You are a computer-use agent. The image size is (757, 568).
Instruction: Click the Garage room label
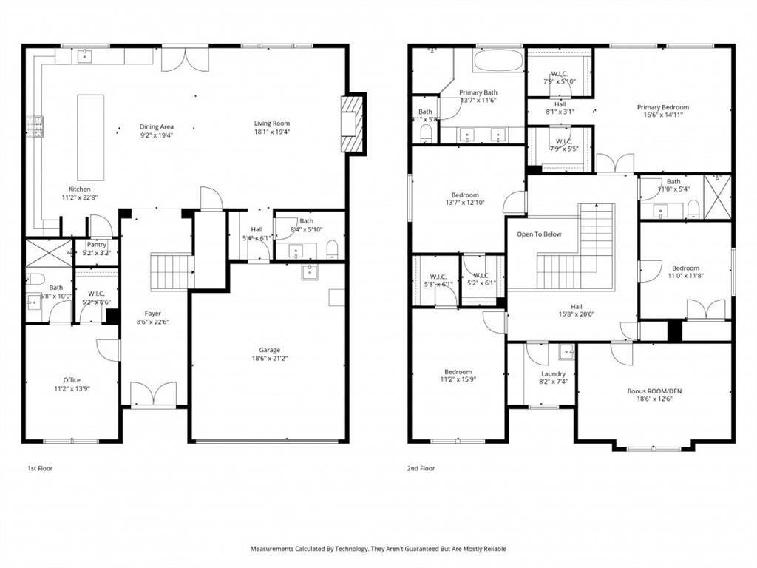[x=269, y=350]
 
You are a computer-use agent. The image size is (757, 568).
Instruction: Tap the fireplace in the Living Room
[x=353, y=124]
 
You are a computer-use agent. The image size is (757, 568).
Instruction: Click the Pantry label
[x=97, y=244]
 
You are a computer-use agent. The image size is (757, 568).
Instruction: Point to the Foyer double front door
[x=153, y=393]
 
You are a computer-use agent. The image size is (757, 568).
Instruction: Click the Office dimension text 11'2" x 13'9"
[x=72, y=389]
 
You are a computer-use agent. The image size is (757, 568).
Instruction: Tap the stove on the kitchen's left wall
[x=35, y=127]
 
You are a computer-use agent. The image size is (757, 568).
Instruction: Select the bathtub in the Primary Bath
[x=498, y=61]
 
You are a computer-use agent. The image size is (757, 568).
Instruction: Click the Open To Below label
[x=539, y=234]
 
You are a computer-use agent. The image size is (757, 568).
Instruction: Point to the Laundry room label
[x=553, y=374]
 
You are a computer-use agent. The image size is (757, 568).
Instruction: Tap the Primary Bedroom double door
[x=615, y=163]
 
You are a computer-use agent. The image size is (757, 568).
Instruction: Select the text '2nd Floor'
[x=421, y=468]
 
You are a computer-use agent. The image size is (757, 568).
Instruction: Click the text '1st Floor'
[x=40, y=468]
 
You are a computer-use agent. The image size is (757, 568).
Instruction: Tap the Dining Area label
[x=157, y=127]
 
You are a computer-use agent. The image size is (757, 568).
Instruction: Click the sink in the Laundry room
[x=566, y=351]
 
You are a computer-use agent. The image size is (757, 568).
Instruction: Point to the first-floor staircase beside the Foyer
[x=172, y=271]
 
